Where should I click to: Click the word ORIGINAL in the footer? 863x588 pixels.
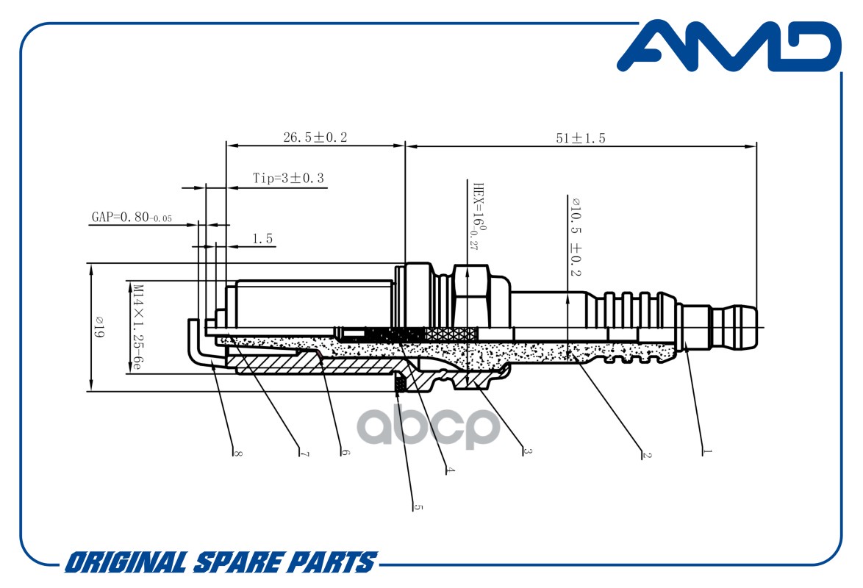click(x=126, y=563)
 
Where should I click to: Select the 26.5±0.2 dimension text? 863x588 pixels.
click(x=315, y=137)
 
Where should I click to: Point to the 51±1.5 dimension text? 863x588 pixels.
click(x=580, y=137)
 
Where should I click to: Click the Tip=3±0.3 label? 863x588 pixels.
click(x=288, y=178)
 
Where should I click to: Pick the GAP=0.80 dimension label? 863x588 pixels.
click(x=132, y=217)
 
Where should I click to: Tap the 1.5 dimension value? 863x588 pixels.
click(x=262, y=238)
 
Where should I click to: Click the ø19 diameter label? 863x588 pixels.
click(x=100, y=327)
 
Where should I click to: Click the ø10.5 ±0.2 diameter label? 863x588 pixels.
click(x=576, y=237)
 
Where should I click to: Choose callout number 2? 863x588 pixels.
click(x=647, y=455)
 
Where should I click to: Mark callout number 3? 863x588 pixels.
click(x=527, y=451)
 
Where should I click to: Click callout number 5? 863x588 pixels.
click(x=418, y=507)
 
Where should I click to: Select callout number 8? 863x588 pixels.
click(x=237, y=453)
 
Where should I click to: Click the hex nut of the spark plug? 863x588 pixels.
click(x=471, y=296)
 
